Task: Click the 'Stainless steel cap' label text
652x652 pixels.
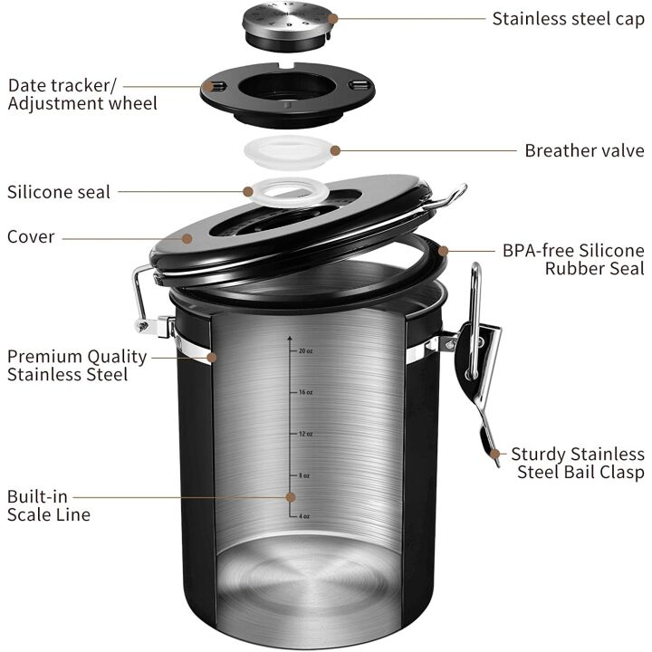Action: click(568, 18)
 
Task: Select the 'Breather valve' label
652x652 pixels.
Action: click(584, 150)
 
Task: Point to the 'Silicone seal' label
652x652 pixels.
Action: click(59, 192)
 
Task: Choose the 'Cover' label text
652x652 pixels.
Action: click(31, 237)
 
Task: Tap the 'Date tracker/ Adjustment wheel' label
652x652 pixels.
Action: click(82, 94)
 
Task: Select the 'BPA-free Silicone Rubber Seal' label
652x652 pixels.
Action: click(573, 259)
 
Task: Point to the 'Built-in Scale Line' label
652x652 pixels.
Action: click(49, 505)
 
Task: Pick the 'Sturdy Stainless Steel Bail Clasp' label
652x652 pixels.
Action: click(577, 463)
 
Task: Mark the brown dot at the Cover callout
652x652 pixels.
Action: click(187, 237)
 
